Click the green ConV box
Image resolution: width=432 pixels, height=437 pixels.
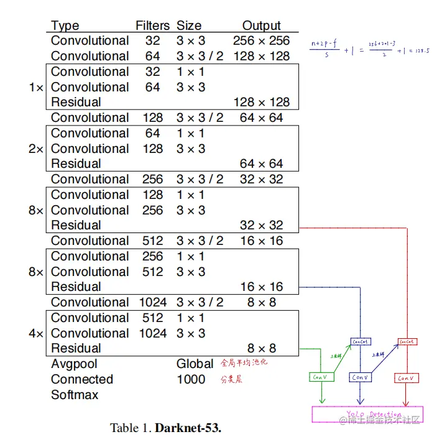tap(321, 377)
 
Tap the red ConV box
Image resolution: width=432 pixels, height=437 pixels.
tap(405, 377)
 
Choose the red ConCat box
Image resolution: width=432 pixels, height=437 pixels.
tap(407, 341)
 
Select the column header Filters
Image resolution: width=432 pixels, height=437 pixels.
tap(152, 25)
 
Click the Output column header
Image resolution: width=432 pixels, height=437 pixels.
tap(261, 25)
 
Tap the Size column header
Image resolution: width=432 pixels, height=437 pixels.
tap(189, 25)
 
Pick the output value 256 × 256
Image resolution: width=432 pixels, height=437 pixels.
tap(261, 41)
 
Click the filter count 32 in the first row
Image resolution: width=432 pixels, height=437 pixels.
tap(152, 41)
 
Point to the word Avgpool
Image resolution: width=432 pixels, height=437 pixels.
tap(74, 364)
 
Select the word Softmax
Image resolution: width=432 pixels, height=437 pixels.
tap(75, 395)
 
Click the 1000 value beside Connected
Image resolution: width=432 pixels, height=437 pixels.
tap(191, 379)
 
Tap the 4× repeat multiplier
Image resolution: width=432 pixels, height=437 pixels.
tap(36, 334)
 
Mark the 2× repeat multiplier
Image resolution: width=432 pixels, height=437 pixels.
tap(36, 149)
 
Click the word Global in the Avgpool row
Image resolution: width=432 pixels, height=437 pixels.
tap(195, 364)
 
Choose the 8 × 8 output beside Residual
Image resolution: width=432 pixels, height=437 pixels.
tap(261, 349)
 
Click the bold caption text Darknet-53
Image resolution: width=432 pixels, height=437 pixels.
tap(188, 428)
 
